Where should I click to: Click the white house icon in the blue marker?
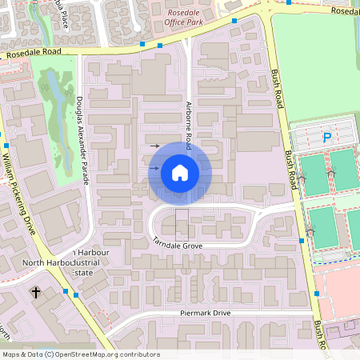tap(180, 173)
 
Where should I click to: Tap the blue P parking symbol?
tap(326, 138)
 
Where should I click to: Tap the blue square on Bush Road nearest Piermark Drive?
tap(317, 294)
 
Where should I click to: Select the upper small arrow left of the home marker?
tap(155, 146)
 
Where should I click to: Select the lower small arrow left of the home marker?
tap(154, 168)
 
